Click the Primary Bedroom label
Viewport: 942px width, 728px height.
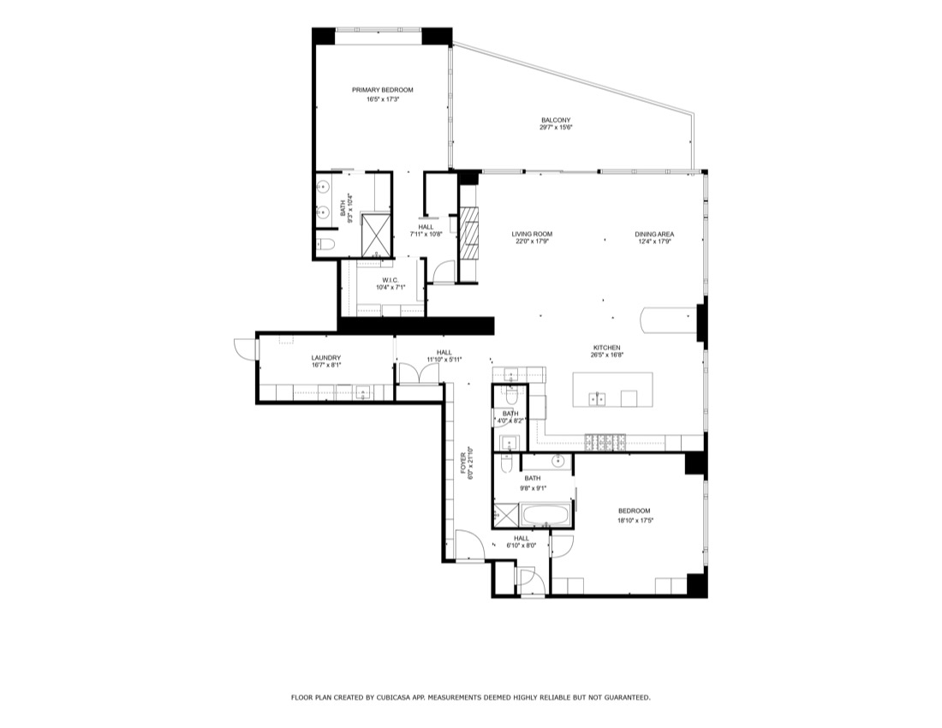[382, 90]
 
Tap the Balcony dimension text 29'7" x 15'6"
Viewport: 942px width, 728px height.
[556, 128]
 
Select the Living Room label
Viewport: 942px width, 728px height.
[532, 235]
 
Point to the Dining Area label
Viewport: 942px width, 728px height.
[654, 235]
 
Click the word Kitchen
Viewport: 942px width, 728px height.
[607, 348]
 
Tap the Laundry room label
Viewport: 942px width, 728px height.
[326, 358]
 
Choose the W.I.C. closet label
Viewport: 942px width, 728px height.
[391, 281]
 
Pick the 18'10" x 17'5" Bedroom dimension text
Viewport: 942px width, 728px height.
[635, 521]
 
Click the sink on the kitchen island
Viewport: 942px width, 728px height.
[597, 398]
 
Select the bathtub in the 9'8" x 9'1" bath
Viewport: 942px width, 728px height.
[546, 516]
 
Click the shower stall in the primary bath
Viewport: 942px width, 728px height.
[376, 234]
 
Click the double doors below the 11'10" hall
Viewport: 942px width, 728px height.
[419, 373]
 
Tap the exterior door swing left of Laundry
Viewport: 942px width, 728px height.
[243, 349]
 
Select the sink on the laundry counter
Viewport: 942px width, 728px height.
[363, 393]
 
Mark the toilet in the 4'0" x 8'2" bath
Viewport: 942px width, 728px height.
[510, 397]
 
